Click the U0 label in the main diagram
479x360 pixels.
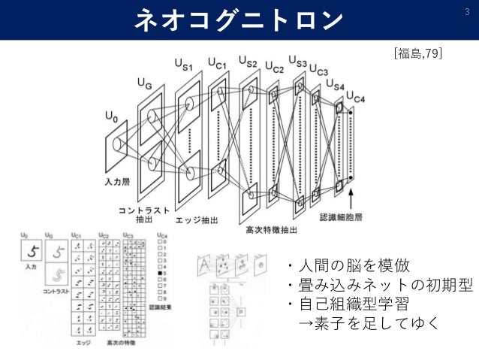[x=111, y=118]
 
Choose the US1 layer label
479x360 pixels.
[x=185, y=68]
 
